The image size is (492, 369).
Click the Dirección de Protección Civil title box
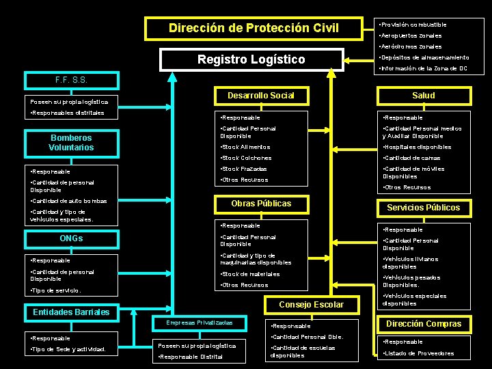[254, 28]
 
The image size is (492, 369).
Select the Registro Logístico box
[251, 59]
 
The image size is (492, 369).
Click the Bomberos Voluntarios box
[72, 143]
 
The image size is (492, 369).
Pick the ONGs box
[71, 238]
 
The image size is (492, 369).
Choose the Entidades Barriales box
[71, 312]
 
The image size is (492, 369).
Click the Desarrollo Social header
[260, 95]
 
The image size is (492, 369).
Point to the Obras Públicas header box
[260, 204]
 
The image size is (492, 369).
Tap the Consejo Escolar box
[312, 304]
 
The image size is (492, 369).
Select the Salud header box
[424, 95]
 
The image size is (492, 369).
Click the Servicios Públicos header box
[424, 208]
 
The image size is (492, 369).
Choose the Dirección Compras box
[424, 324]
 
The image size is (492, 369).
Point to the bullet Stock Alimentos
[247, 147]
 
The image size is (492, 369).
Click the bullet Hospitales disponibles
[418, 147]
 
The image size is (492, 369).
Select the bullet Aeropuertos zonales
[411, 36]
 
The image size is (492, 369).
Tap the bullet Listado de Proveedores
[419, 353]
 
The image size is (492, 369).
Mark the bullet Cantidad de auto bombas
[68, 201]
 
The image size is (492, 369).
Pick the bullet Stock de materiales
[250, 274]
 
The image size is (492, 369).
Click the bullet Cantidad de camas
[412, 158]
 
